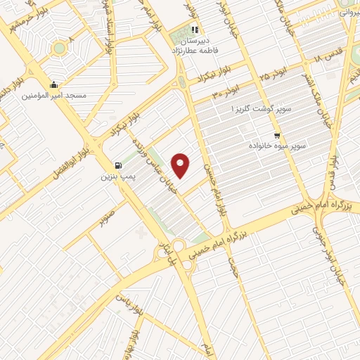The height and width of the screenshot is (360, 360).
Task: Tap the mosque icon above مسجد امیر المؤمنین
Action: (54, 85)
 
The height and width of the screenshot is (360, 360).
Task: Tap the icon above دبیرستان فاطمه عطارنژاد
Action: (195, 30)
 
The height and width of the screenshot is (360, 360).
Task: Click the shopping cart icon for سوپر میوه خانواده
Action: (277, 136)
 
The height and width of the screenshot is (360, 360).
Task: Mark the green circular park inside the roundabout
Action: (58, 48)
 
